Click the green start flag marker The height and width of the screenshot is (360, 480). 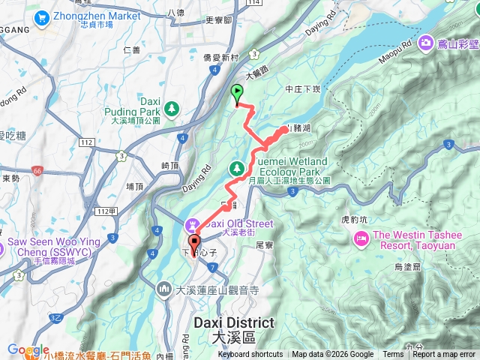click(x=238, y=94)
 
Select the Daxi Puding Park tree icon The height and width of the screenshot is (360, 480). click(x=172, y=109)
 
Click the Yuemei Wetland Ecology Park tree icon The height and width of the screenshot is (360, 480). click(x=238, y=167)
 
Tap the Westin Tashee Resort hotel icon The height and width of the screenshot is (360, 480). click(x=360, y=238)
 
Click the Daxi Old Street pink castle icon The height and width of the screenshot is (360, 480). click(x=192, y=223)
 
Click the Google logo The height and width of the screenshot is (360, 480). click(x=28, y=350)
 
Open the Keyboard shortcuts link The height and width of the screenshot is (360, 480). click(x=250, y=355)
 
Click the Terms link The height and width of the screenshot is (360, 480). click(x=393, y=355)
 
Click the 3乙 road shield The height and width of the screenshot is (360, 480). click(x=57, y=317)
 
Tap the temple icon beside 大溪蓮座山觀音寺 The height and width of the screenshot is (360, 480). click(x=164, y=289)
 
